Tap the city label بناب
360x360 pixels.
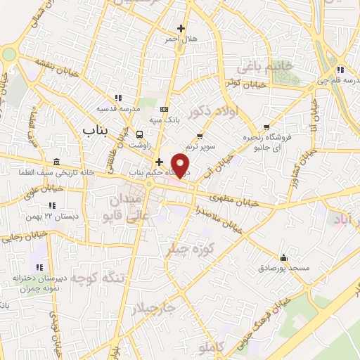[x=96, y=130]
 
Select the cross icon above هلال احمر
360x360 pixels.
[x=181, y=29]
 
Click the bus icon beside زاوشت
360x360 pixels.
[x=139, y=134]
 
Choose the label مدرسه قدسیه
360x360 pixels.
[x=112, y=109]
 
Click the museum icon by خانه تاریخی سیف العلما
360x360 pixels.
[x=56, y=161]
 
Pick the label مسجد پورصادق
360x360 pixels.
[x=283, y=268]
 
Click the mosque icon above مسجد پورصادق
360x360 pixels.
[x=283, y=257]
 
